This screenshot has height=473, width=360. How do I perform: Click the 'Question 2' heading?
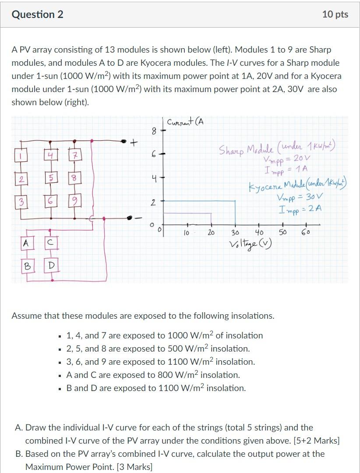[38, 14]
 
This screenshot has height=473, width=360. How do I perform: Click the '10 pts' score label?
[335, 14]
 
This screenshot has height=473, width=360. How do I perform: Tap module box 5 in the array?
[52, 179]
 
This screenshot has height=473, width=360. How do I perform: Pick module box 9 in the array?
[75, 203]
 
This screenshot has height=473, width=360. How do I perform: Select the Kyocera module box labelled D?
[52, 266]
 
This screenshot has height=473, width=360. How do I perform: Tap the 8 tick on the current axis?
[153, 130]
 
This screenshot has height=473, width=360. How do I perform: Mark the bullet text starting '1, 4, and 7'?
[164, 335]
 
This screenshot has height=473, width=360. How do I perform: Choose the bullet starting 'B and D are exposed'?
[155, 388]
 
